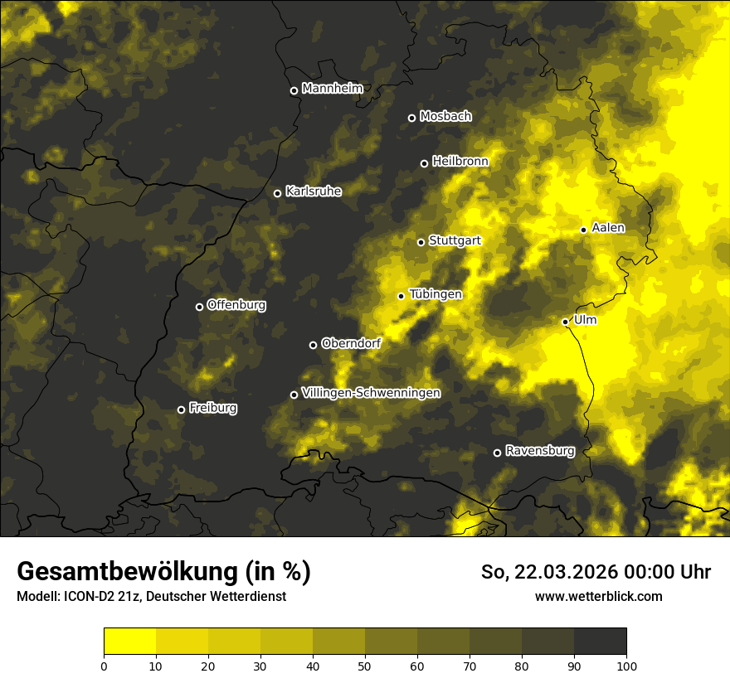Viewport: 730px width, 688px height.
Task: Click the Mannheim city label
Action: tap(333, 89)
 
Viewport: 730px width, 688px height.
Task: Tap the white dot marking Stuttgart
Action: tap(421, 242)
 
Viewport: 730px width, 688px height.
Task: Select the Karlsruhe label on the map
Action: tap(314, 191)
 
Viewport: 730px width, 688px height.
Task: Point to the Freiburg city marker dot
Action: tap(181, 409)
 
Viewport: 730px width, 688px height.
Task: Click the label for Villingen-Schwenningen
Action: tap(371, 393)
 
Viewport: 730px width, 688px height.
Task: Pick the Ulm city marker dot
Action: tap(565, 322)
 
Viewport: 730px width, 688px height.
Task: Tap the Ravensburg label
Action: tap(540, 451)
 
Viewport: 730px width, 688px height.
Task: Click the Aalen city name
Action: tap(608, 228)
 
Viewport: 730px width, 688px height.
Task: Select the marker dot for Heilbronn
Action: tap(424, 163)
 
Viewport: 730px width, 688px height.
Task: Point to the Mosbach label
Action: tap(445, 117)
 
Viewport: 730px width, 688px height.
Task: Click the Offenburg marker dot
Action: tap(199, 307)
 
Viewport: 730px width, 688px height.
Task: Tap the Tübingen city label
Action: tap(436, 294)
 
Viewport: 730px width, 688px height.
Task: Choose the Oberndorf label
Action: tap(351, 343)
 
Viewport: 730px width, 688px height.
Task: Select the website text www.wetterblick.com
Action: tap(598, 596)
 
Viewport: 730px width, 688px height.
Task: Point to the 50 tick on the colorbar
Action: tap(365, 665)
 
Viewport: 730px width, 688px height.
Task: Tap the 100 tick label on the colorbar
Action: tap(626, 665)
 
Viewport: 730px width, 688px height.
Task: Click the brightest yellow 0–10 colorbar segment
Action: tap(130, 642)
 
